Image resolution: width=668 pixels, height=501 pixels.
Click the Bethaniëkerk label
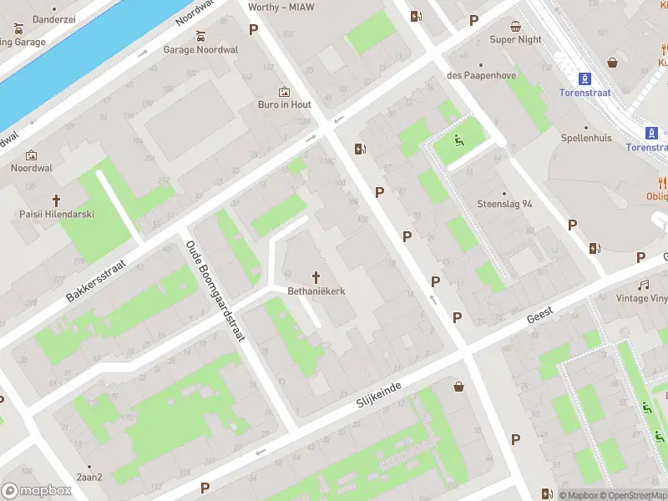click(x=317, y=291)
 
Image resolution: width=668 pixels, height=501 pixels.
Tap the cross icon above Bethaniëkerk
click(x=317, y=276)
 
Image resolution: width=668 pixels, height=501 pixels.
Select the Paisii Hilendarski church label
click(x=57, y=214)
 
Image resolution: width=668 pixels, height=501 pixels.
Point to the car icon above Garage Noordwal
click(x=200, y=36)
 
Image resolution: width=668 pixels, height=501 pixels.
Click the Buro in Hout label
click(x=284, y=104)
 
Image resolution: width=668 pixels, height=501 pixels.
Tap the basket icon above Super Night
click(x=516, y=26)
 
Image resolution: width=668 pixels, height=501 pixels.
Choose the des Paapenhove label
click(x=482, y=76)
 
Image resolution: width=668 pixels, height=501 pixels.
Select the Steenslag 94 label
click(x=504, y=204)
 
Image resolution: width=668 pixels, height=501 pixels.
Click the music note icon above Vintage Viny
click(x=643, y=285)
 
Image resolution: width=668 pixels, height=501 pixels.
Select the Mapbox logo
click(x=37, y=490)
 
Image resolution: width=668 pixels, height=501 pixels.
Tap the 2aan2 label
click(x=89, y=478)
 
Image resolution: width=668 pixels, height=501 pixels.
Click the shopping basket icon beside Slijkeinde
click(x=458, y=386)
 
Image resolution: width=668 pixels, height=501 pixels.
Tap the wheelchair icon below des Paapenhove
click(x=458, y=139)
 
